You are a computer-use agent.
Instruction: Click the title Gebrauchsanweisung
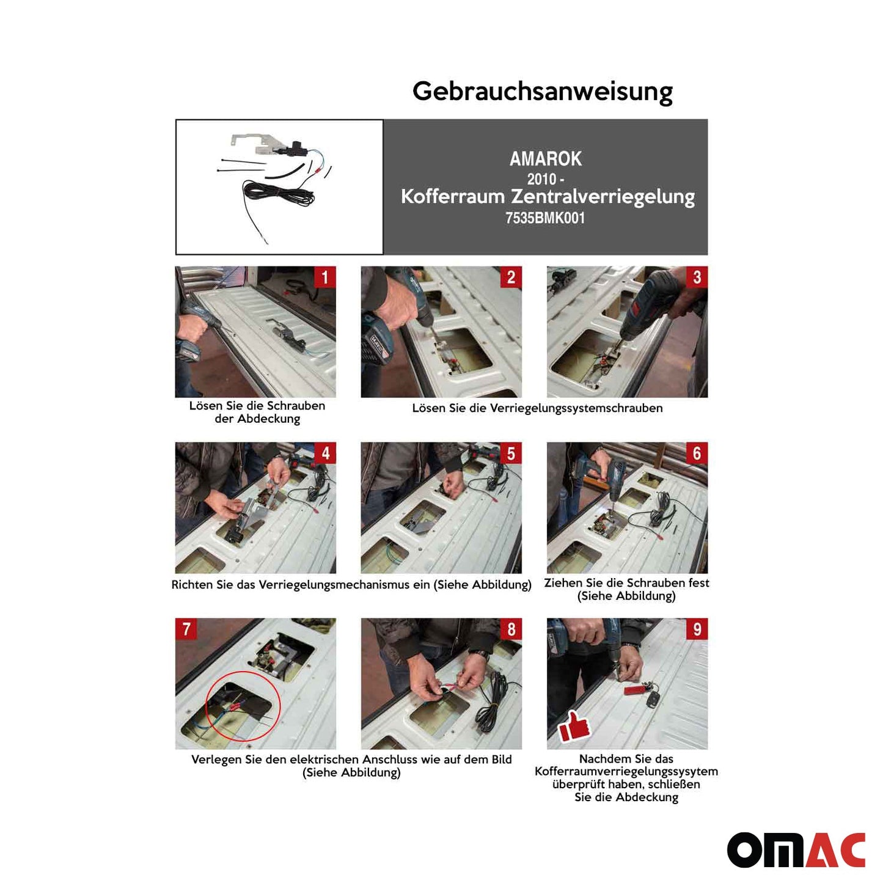point(542,92)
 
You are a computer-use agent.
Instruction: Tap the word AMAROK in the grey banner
point(545,159)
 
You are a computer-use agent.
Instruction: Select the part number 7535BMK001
point(545,218)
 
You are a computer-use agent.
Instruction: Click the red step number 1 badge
point(324,277)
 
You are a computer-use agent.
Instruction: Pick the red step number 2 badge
point(511,277)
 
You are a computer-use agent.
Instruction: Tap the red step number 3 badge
point(697,277)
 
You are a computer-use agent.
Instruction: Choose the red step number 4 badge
point(324,453)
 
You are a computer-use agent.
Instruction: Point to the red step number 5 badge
point(511,453)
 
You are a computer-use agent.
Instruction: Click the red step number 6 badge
point(697,453)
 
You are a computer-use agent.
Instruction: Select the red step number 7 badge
point(186,629)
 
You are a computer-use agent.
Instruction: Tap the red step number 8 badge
point(511,629)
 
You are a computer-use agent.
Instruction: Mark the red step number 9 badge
point(697,629)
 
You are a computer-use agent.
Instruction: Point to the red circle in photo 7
point(243,706)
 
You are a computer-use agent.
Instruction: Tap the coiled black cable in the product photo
point(278,194)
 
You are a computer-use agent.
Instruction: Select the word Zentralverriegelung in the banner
point(603,197)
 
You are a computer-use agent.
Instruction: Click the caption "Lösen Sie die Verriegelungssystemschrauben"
point(537,408)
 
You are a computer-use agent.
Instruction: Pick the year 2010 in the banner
point(541,179)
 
